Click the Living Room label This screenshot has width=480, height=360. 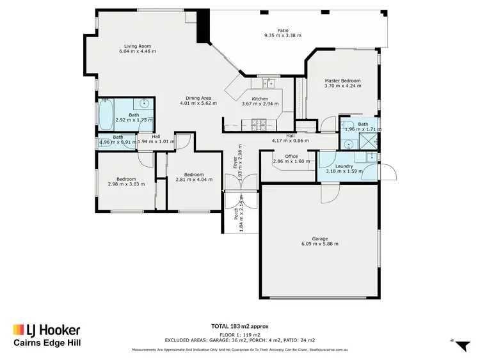(x=137, y=46)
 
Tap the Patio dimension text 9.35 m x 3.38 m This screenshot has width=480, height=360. (x=282, y=36)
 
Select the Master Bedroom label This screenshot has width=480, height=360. (x=342, y=81)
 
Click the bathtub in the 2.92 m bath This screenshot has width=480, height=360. (x=104, y=116)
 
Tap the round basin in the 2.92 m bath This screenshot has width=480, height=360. (x=145, y=103)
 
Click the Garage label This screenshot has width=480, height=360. (x=319, y=237)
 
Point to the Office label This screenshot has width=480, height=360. (x=291, y=156)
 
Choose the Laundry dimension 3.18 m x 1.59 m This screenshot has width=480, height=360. (x=344, y=171)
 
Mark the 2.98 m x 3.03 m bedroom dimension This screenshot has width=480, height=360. (x=125, y=184)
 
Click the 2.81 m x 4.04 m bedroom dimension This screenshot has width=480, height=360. (x=193, y=180)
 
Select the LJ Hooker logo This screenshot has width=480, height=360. (x=46, y=331)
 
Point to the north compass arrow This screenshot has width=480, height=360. (x=460, y=345)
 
